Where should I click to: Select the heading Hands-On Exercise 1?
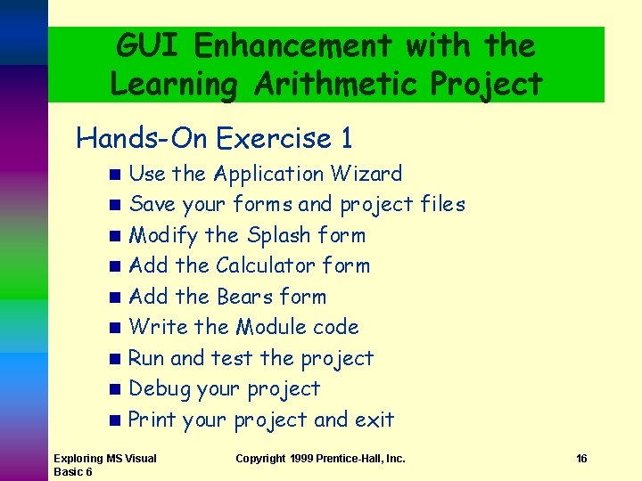click(214, 138)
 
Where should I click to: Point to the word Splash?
click(279, 235)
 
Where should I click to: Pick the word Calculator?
click(266, 265)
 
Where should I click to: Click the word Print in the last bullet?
click(152, 420)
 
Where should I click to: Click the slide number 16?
click(581, 459)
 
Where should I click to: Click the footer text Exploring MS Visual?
click(104, 459)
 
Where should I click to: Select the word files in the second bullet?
click(442, 204)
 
